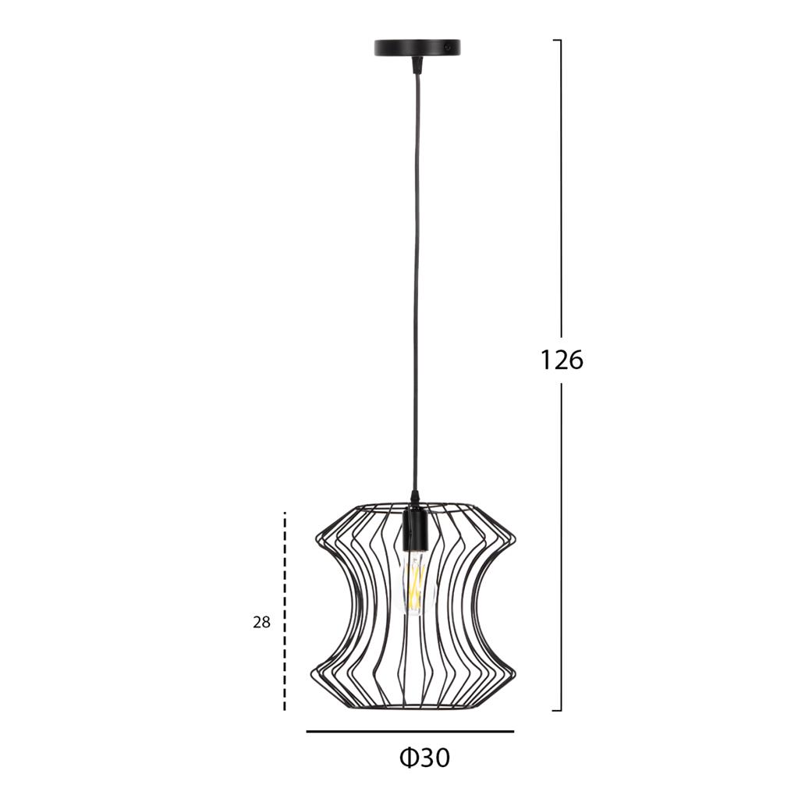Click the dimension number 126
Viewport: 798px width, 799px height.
coord(561,360)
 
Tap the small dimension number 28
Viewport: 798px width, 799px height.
coord(261,622)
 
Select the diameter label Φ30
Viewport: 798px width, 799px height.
coord(424,758)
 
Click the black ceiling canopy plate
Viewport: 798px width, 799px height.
coord(417,48)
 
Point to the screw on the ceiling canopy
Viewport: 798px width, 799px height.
coord(448,48)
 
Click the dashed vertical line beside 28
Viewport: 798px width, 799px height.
coord(285,611)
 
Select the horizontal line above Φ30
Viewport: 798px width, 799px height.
coord(410,732)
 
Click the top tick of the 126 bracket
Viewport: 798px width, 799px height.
coord(557,40)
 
